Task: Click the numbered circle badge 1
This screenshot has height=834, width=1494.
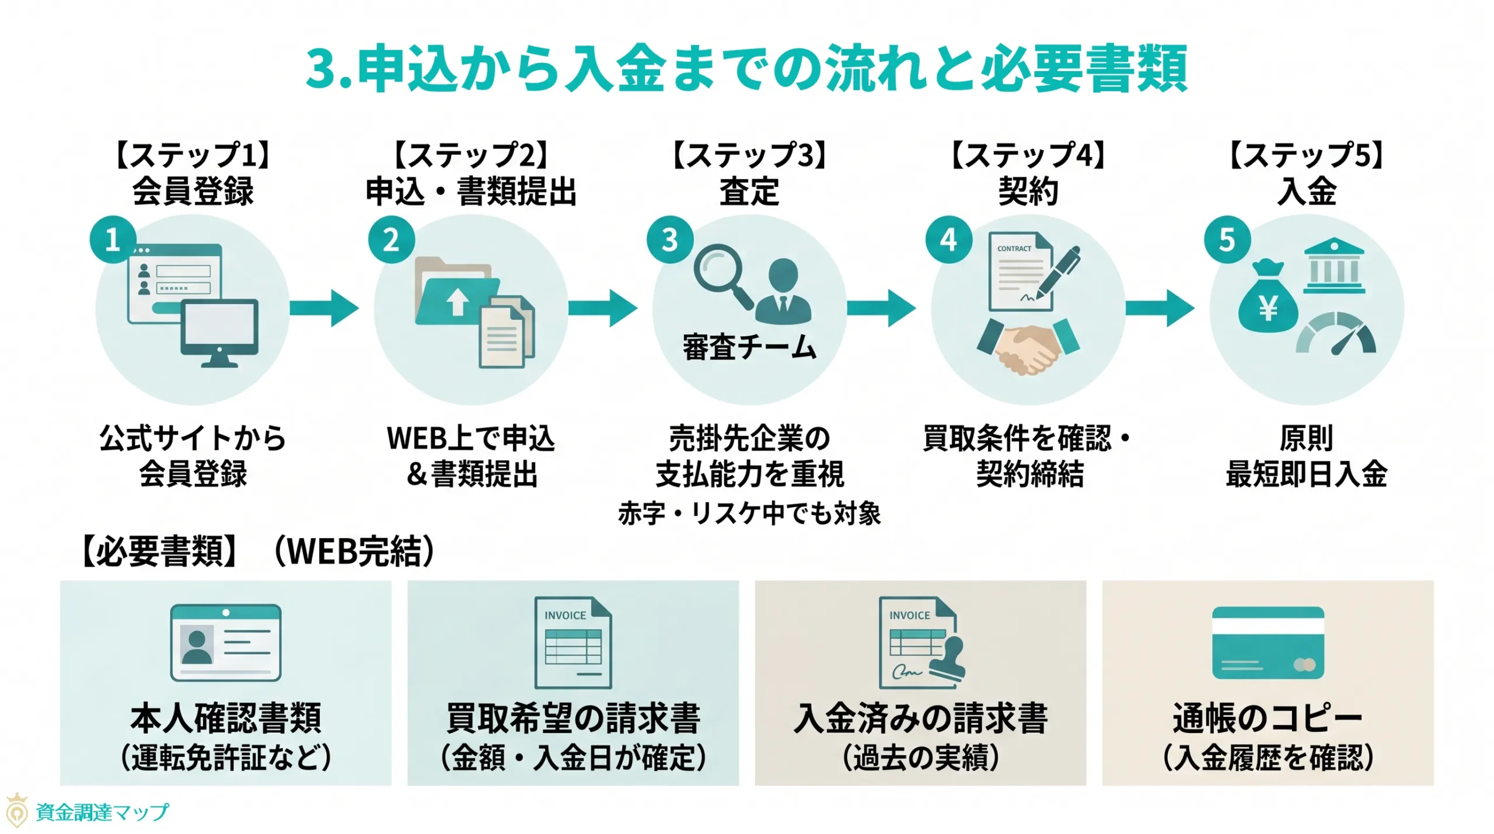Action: [113, 239]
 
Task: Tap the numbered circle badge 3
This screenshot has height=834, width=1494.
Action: [669, 239]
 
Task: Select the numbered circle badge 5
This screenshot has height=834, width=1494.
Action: [1227, 239]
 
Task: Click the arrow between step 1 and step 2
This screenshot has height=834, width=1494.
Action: [324, 308]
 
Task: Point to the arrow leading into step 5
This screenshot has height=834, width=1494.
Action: [1160, 308]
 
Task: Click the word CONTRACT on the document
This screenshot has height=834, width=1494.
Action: [1014, 249]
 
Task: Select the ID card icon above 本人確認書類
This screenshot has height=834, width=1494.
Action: [225, 642]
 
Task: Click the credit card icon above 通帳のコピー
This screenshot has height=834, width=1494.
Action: [1268, 642]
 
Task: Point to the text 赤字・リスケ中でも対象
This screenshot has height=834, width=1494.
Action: [749, 514]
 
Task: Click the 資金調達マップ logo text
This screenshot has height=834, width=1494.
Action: [102, 812]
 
